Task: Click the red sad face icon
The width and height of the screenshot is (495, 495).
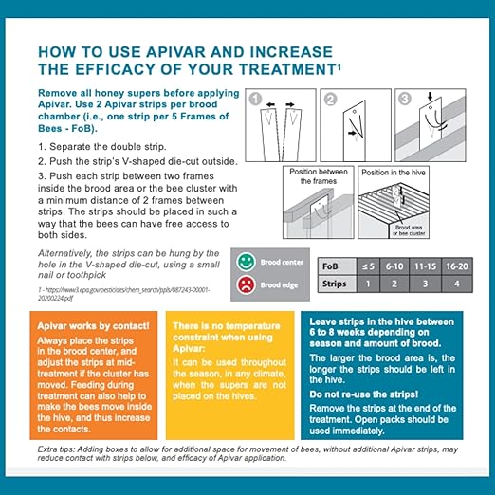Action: click(246, 284)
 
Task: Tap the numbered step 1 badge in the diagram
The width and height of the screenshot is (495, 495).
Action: click(254, 97)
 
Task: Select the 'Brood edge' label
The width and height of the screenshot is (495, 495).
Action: click(281, 284)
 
